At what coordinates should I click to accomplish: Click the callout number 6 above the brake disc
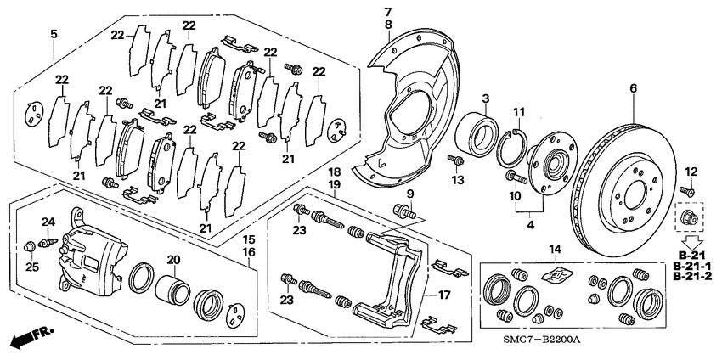(633, 88)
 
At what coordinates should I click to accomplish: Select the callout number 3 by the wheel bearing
(485, 98)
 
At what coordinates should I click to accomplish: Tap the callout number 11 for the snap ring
(519, 112)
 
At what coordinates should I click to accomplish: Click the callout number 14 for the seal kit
(555, 249)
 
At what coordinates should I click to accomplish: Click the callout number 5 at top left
(54, 34)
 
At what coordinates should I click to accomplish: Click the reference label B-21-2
(693, 276)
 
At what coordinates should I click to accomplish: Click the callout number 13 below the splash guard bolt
(459, 179)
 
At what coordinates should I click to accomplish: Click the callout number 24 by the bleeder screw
(48, 222)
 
